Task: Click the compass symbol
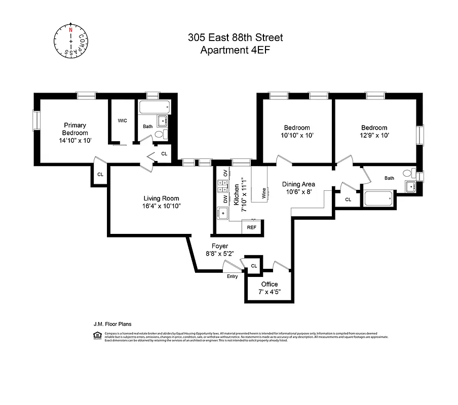click(71, 40)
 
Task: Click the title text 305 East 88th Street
click(235, 37)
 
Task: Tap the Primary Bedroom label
click(74, 129)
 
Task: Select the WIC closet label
click(122, 120)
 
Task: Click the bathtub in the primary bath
click(155, 107)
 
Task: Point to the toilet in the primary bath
click(160, 134)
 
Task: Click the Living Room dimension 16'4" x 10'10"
click(161, 206)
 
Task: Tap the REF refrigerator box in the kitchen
click(252, 227)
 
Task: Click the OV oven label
click(225, 174)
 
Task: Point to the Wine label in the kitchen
click(263, 192)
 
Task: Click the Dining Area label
click(298, 184)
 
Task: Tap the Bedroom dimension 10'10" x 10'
click(296, 136)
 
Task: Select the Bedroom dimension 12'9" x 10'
click(374, 136)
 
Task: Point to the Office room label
click(270, 284)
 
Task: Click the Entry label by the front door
click(232, 276)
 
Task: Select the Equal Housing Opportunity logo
click(96, 335)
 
